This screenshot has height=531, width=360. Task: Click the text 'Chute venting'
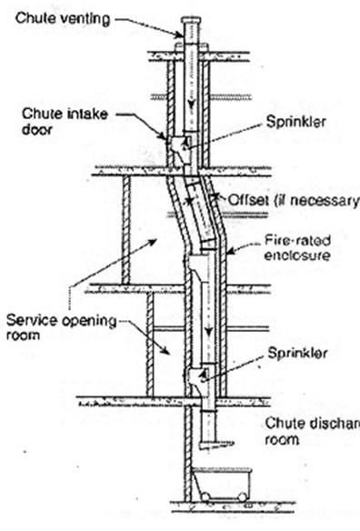pyautogui.click(x=62, y=15)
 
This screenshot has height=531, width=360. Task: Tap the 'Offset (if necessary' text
pyautogui.click(x=301, y=200)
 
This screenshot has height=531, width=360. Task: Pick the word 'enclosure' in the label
pyautogui.click(x=290, y=257)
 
